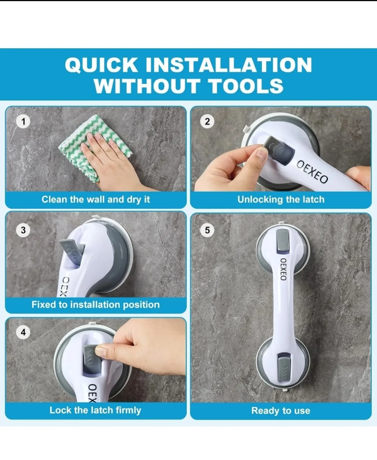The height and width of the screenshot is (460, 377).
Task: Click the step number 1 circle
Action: coord(23,122)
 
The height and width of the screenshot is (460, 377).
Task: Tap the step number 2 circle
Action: coord(207,122)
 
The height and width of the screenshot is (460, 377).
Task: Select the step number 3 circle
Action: coord(23,230)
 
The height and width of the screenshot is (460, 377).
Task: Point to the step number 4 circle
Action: coord(23,332)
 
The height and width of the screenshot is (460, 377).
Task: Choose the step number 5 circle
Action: coord(207,230)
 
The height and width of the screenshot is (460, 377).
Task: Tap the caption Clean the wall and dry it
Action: coord(96,200)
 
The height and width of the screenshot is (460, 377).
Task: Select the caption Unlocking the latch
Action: coord(281,200)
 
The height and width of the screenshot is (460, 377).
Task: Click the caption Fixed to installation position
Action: coord(96,304)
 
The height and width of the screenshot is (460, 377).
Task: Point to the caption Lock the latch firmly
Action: coord(95,410)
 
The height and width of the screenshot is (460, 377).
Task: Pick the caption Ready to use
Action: coord(281,411)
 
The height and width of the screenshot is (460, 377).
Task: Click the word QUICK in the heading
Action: coord(102,65)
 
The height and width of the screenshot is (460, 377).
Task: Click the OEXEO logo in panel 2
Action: coord(312,171)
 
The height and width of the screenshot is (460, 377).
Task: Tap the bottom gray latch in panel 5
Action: coord(283,367)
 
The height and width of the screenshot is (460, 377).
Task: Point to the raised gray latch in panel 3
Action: coord(73,249)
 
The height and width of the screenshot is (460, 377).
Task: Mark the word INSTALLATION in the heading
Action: coord(228,65)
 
